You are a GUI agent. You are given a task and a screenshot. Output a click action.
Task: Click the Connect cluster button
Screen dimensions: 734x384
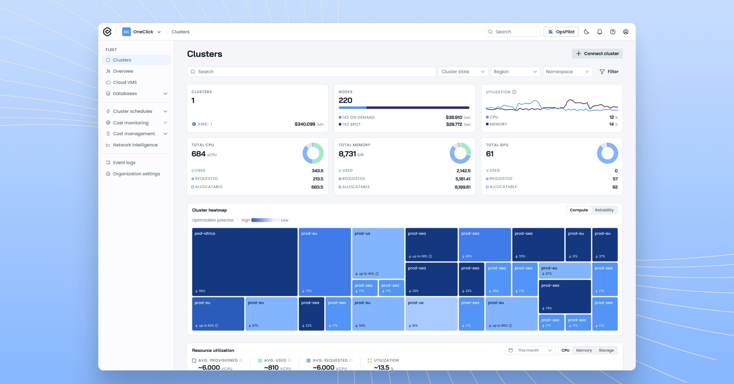click(597, 54)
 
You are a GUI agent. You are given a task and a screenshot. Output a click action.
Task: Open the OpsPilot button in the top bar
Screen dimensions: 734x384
click(561, 32)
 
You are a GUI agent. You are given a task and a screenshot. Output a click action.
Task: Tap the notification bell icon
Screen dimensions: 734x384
click(599, 32)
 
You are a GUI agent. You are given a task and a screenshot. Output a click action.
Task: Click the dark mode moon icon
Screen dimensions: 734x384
click(586, 32)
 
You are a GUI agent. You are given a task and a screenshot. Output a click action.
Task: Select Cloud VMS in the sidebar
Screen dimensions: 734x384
click(125, 82)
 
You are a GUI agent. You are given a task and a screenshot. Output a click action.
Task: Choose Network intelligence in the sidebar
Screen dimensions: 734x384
click(135, 145)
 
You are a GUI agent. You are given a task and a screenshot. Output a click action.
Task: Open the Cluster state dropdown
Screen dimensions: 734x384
click(463, 72)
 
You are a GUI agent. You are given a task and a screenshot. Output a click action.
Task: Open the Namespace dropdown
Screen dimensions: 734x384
click(568, 72)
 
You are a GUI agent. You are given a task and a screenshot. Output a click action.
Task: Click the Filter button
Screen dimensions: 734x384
click(609, 72)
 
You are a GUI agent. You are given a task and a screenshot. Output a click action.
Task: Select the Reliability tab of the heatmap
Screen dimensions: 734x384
click(604, 210)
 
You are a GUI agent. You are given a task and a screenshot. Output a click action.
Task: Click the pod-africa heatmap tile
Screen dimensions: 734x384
click(245, 262)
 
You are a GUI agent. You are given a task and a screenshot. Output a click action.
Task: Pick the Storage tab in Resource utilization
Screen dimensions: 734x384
click(606, 350)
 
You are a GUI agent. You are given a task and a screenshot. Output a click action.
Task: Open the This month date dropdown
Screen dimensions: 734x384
click(530, 350)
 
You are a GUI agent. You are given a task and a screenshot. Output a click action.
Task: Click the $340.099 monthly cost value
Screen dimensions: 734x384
click(305, 124)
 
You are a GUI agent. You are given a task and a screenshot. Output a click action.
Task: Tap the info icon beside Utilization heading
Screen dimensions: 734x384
click(514, 92)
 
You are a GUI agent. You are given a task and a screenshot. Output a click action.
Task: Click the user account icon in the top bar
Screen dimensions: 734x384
click(626, 32)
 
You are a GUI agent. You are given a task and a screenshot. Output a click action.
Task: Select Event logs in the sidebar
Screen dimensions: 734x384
click(124, 163)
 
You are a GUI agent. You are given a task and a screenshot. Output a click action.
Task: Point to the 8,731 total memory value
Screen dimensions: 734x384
click(347, 154)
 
